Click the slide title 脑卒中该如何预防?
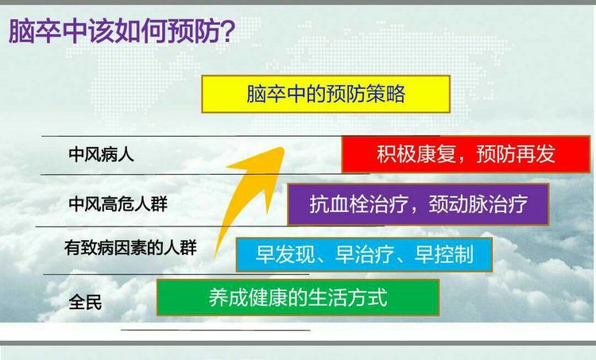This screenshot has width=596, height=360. point(122,31)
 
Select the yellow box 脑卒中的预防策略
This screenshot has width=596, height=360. point(326,94)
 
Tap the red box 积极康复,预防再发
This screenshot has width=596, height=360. point(466,154)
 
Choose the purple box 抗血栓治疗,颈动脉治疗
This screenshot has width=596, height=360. point(418,204)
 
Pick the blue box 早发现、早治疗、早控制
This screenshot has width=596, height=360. point(364,254)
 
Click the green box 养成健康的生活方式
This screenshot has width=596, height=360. point(298,297)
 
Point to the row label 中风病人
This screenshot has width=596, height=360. point(101,155)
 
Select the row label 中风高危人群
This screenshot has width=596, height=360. point(118,203)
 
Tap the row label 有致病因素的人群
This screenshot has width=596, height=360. point(130,248)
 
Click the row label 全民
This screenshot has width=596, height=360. point(85,303)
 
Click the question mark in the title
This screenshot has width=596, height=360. point(227,31)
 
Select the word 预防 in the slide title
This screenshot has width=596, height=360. point(193,31)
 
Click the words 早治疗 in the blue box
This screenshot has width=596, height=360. point(364,254)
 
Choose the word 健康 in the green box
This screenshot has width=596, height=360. point(268,297)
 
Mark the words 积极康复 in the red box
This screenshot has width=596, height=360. point(416,154)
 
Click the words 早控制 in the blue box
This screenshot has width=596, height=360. point(443,254)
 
